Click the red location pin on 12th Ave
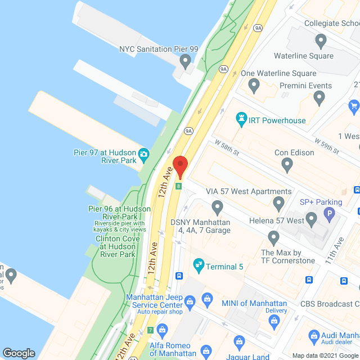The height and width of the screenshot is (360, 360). coord(180,165)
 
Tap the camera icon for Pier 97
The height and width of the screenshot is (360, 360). coord(144,154)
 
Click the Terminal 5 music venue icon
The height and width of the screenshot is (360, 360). coord(198,264)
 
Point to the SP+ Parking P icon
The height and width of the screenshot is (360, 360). coord(328,214)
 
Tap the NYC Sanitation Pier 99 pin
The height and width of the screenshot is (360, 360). coord(185,60)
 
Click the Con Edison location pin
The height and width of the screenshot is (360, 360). coord(287,165)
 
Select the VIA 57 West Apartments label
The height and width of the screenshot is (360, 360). coord(249,191)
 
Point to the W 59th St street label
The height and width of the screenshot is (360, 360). coord(327,147)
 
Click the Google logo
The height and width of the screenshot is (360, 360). coord(19,353)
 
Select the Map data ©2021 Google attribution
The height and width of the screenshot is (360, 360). coord(325,355)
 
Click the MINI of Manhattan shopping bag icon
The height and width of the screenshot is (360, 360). coord(206,298)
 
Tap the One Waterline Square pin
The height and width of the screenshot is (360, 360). coord(254,86)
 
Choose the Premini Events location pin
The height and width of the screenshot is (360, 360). coord(320,98)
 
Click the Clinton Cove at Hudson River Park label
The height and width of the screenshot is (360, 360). coord(115,246)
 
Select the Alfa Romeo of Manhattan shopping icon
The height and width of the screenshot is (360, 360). coord(163,328)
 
